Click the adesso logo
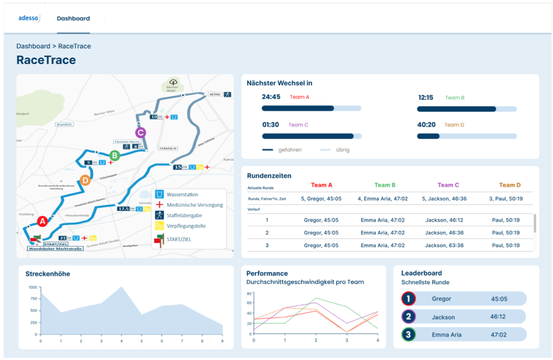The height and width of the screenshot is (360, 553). click(x=29, y=18)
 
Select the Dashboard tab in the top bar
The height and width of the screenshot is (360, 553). click(x=73, y=18)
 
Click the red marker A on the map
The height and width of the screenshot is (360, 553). click(x=42, y=222)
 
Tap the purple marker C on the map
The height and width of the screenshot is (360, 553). click(x=140, y=132)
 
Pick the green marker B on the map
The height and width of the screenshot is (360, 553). click(x=114, y=155)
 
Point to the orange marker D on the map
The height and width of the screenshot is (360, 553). click(x=85, y=180)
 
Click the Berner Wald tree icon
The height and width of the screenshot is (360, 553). click(x=173, y=82)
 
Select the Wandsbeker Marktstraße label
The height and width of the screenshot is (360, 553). click(x=55, y=248)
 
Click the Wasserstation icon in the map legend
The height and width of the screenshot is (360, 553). click(x=160, y=194)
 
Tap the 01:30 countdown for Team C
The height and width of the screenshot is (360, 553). click(x=271, y=125)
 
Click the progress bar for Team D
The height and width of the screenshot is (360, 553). click(x=467, y=137)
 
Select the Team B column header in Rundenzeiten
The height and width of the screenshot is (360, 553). click(x=385, y=185)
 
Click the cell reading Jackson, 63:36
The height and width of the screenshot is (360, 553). click(x=445, y=245)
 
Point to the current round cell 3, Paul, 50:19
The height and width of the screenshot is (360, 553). click(x=505, y=199)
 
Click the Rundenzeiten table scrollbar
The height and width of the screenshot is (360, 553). click(x=535, y=223)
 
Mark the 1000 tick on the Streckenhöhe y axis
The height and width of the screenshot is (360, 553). click(x=33, y=287)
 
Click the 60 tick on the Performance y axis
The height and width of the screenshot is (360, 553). click(x=248, y=303)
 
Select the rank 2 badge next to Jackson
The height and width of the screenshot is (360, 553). click(x=409, y=317)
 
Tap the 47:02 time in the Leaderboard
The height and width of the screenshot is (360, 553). click(x=499, y=335)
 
